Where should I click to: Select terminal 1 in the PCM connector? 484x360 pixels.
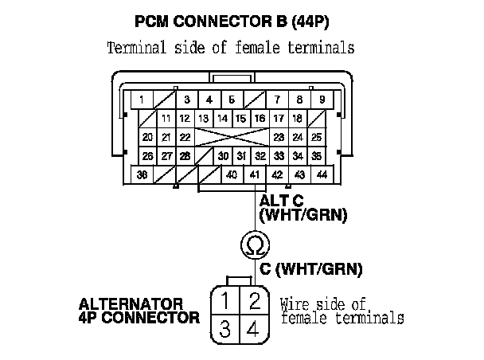[141, 100]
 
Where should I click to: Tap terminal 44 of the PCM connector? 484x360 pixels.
[322, 174]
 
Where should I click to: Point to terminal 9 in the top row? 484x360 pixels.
[322, 100]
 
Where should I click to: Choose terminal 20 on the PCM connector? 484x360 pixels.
[148, 137]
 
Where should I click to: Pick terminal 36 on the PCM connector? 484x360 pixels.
[141, 174]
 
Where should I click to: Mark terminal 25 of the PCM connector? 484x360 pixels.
[316, 137]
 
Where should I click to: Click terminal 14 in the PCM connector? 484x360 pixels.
[224, 119]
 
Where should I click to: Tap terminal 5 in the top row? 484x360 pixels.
[231, 100]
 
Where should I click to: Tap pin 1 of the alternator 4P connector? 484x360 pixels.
[227, 300]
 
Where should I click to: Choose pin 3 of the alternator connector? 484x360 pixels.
[227, 329]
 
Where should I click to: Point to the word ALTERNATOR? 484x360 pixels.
[131, 304]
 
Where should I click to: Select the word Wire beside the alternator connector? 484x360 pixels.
[295, 303]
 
